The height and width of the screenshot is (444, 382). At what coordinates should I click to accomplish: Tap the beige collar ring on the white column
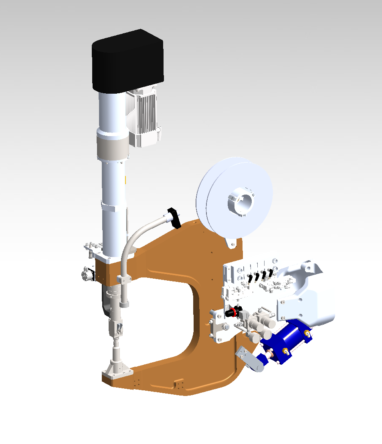[112, 147]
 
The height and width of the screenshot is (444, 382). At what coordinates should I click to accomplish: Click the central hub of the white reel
[241, 202]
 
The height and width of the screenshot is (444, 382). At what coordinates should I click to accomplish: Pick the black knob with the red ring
[232, 312]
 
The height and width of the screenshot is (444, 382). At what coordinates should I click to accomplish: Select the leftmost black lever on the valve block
[249, 278]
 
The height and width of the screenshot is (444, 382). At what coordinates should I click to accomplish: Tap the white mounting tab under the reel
[231, 243]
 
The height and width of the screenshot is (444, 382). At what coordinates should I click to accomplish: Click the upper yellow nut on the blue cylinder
[307, 333]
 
